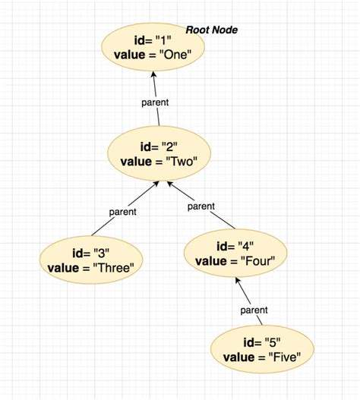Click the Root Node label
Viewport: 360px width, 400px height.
[212, 30]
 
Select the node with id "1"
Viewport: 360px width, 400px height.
[153, 47]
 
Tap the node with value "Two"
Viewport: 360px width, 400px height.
[158, 153]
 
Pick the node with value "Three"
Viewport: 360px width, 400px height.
[90, 259]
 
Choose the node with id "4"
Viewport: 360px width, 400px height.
[235, 254]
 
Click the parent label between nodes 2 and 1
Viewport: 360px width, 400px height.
[155, 102]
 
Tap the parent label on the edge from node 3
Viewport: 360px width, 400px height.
[122, 212]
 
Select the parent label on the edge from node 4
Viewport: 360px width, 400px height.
[201, 206]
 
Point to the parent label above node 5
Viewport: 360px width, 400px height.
[254, 310]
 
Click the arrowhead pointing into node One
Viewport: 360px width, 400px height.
[153, 74]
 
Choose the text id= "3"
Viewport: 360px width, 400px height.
[90, 252]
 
